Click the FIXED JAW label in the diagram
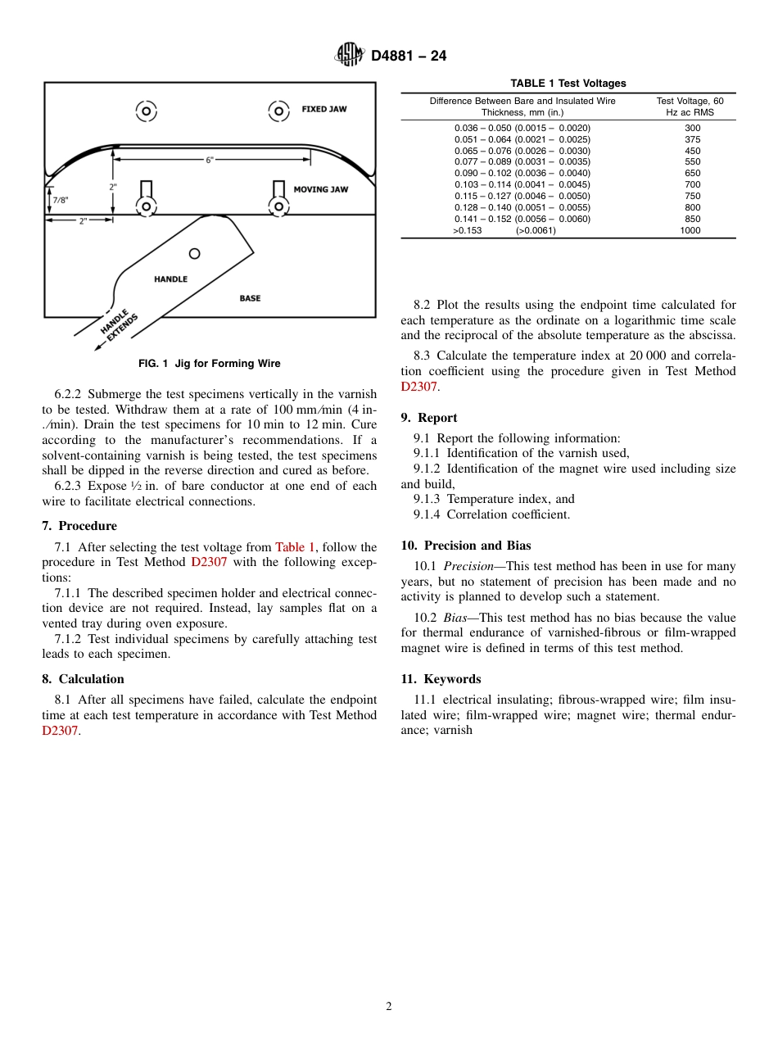point(324,109)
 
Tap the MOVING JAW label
point(321,189)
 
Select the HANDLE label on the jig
point(170,279)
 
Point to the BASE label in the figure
point(250,298)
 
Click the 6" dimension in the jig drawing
point(210,160)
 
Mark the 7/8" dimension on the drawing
point(61,200)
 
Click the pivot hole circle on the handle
point(195,253)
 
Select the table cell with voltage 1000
point(690,231)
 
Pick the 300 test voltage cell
point(692,128)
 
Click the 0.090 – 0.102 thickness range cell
point(522,174)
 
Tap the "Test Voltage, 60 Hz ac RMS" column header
point(690,106)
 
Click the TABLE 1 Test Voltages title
point(568,84)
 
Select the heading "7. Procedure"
point(79,526)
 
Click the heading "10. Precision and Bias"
point(465,546)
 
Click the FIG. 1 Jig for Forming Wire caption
point(209,364)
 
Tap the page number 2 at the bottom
point(389,1007)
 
